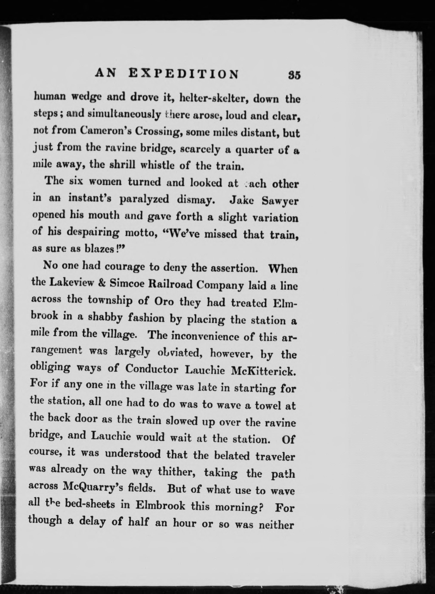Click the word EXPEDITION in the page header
coord(184,74)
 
